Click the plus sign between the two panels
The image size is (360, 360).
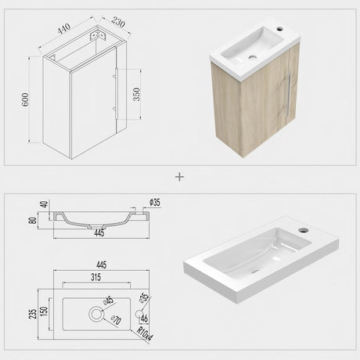pos(180,177)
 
